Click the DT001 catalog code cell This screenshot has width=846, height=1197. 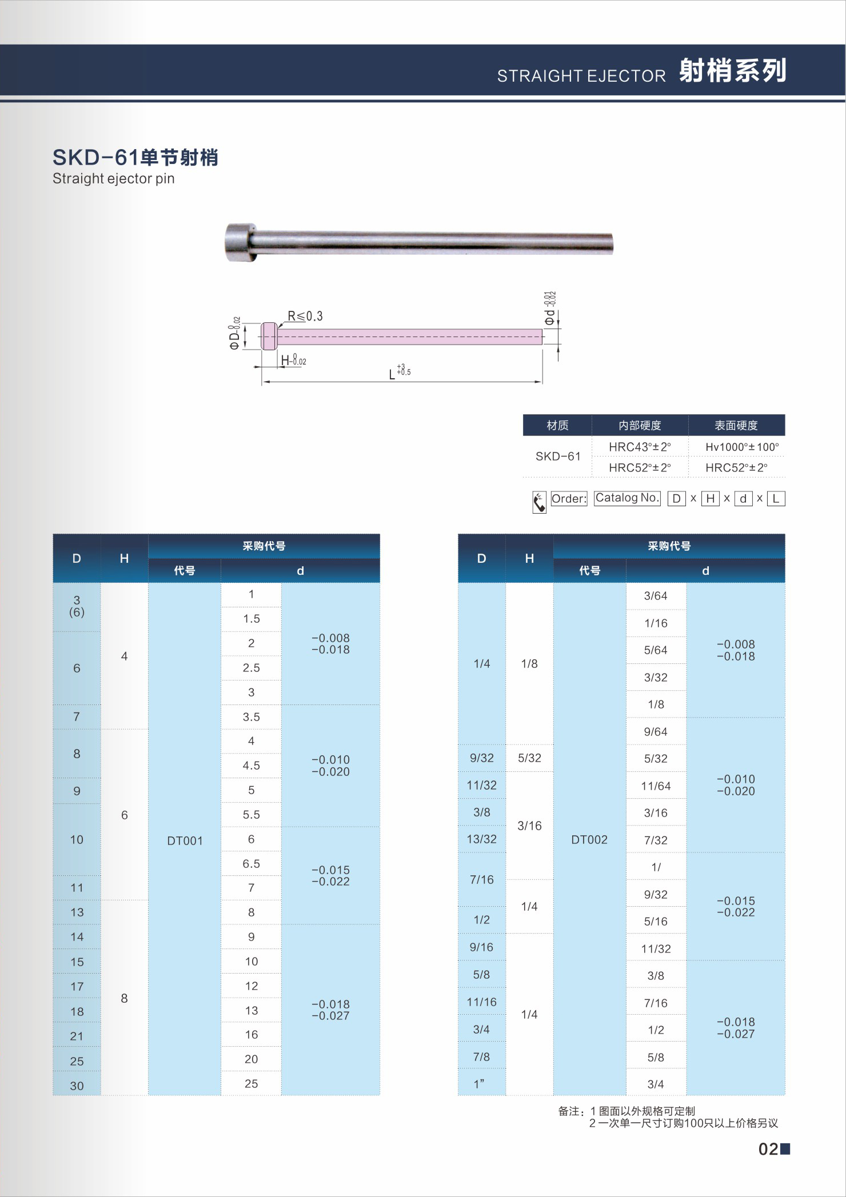click(185, 840)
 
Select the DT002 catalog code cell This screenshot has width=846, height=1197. click(589, 839)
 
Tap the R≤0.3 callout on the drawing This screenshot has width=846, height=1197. click(305, 316)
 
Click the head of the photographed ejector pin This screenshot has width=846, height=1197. click(238, 243)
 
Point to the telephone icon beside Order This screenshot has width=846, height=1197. click(539, 502)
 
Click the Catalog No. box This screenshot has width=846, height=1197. click(627, 498)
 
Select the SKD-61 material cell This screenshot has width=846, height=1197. click(557, 456)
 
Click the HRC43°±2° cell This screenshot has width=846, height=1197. click(640, 447)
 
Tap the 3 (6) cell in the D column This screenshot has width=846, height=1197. click(77, 606)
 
